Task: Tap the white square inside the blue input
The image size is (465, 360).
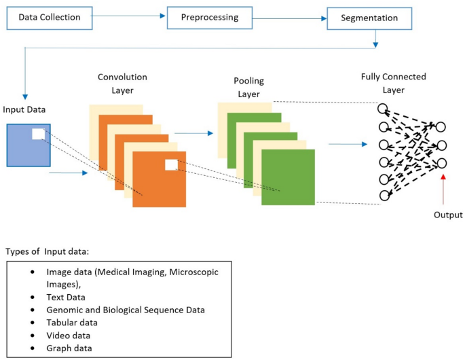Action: [x=38, y=134]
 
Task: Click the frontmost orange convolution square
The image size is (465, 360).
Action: [x=159, y=179]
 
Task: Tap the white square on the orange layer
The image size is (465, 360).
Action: [x=171, y=164]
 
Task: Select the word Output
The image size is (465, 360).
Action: [x=447, y=215]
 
